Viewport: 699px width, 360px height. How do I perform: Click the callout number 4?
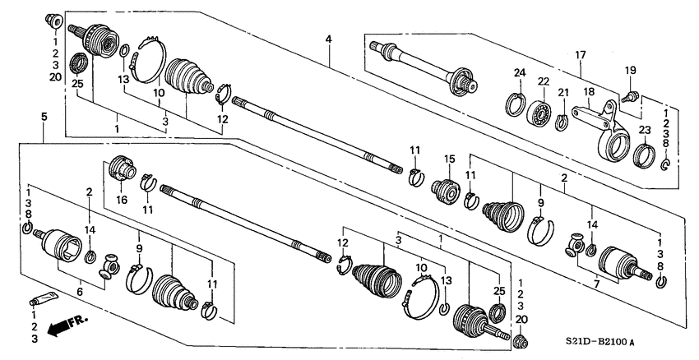tap(328, 39)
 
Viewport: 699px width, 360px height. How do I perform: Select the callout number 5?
tap(43, 118)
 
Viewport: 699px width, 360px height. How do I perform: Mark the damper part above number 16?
tap(123, 169)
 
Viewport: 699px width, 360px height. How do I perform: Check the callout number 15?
tap(449, 159)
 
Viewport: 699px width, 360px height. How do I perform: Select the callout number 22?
tap(543, 81)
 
